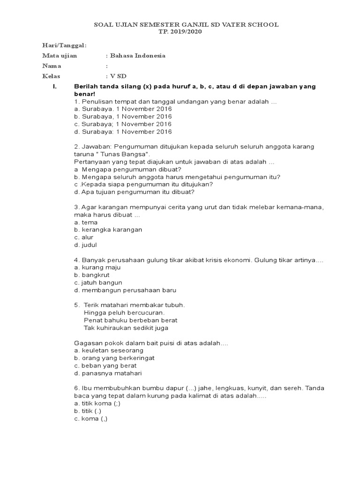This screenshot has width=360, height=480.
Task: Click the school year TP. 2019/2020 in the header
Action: click(x=180, y=31)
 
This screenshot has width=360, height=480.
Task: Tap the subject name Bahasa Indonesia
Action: click(x=137, y=56)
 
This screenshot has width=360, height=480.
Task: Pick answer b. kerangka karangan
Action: click(x=108, y=230)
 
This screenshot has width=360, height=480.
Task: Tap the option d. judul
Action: click(x=85, y=245)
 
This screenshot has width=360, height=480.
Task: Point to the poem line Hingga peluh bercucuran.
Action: click(x=124, y=313)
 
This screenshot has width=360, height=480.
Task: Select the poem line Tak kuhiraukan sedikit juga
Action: click(x=126, y=328)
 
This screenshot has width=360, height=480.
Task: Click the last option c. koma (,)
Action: click(x=90, y=419)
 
